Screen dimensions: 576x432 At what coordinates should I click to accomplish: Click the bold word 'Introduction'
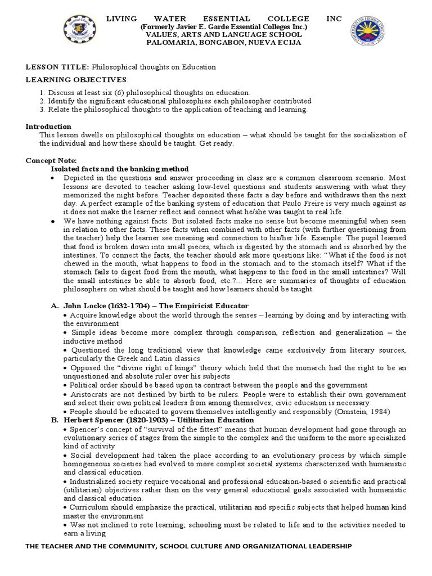[48, 127]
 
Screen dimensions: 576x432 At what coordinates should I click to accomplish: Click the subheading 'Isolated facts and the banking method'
[120, 169]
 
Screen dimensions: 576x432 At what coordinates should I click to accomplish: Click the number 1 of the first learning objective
[42, 92]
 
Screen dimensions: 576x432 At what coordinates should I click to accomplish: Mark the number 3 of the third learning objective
[42, 109]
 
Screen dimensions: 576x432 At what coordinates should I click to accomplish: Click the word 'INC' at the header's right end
[334, 19]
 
